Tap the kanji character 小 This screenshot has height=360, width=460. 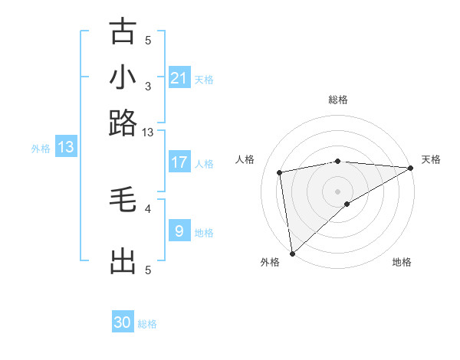click(123, 77)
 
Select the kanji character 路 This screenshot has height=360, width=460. click(123, 123)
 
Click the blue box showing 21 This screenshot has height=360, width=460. click(179, 78)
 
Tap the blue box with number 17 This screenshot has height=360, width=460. click(179, 162)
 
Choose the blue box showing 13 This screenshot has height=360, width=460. click(66, 147)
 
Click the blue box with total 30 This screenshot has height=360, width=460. click(123, 322)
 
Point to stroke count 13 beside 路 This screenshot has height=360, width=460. click(148, 133)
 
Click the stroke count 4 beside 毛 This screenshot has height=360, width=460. click(148, 208)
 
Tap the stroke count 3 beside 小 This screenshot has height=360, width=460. click(148, 86)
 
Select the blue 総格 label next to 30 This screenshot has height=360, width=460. click(147, 324)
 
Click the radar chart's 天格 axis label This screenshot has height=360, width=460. click(431, 159)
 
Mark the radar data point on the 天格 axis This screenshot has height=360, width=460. click(411, 168)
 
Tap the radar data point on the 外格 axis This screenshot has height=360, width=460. click(292, 253)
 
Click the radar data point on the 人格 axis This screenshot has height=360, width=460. click(281, 172)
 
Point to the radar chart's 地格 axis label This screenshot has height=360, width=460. click(402, 262)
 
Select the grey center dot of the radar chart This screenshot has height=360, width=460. click(337, 191)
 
